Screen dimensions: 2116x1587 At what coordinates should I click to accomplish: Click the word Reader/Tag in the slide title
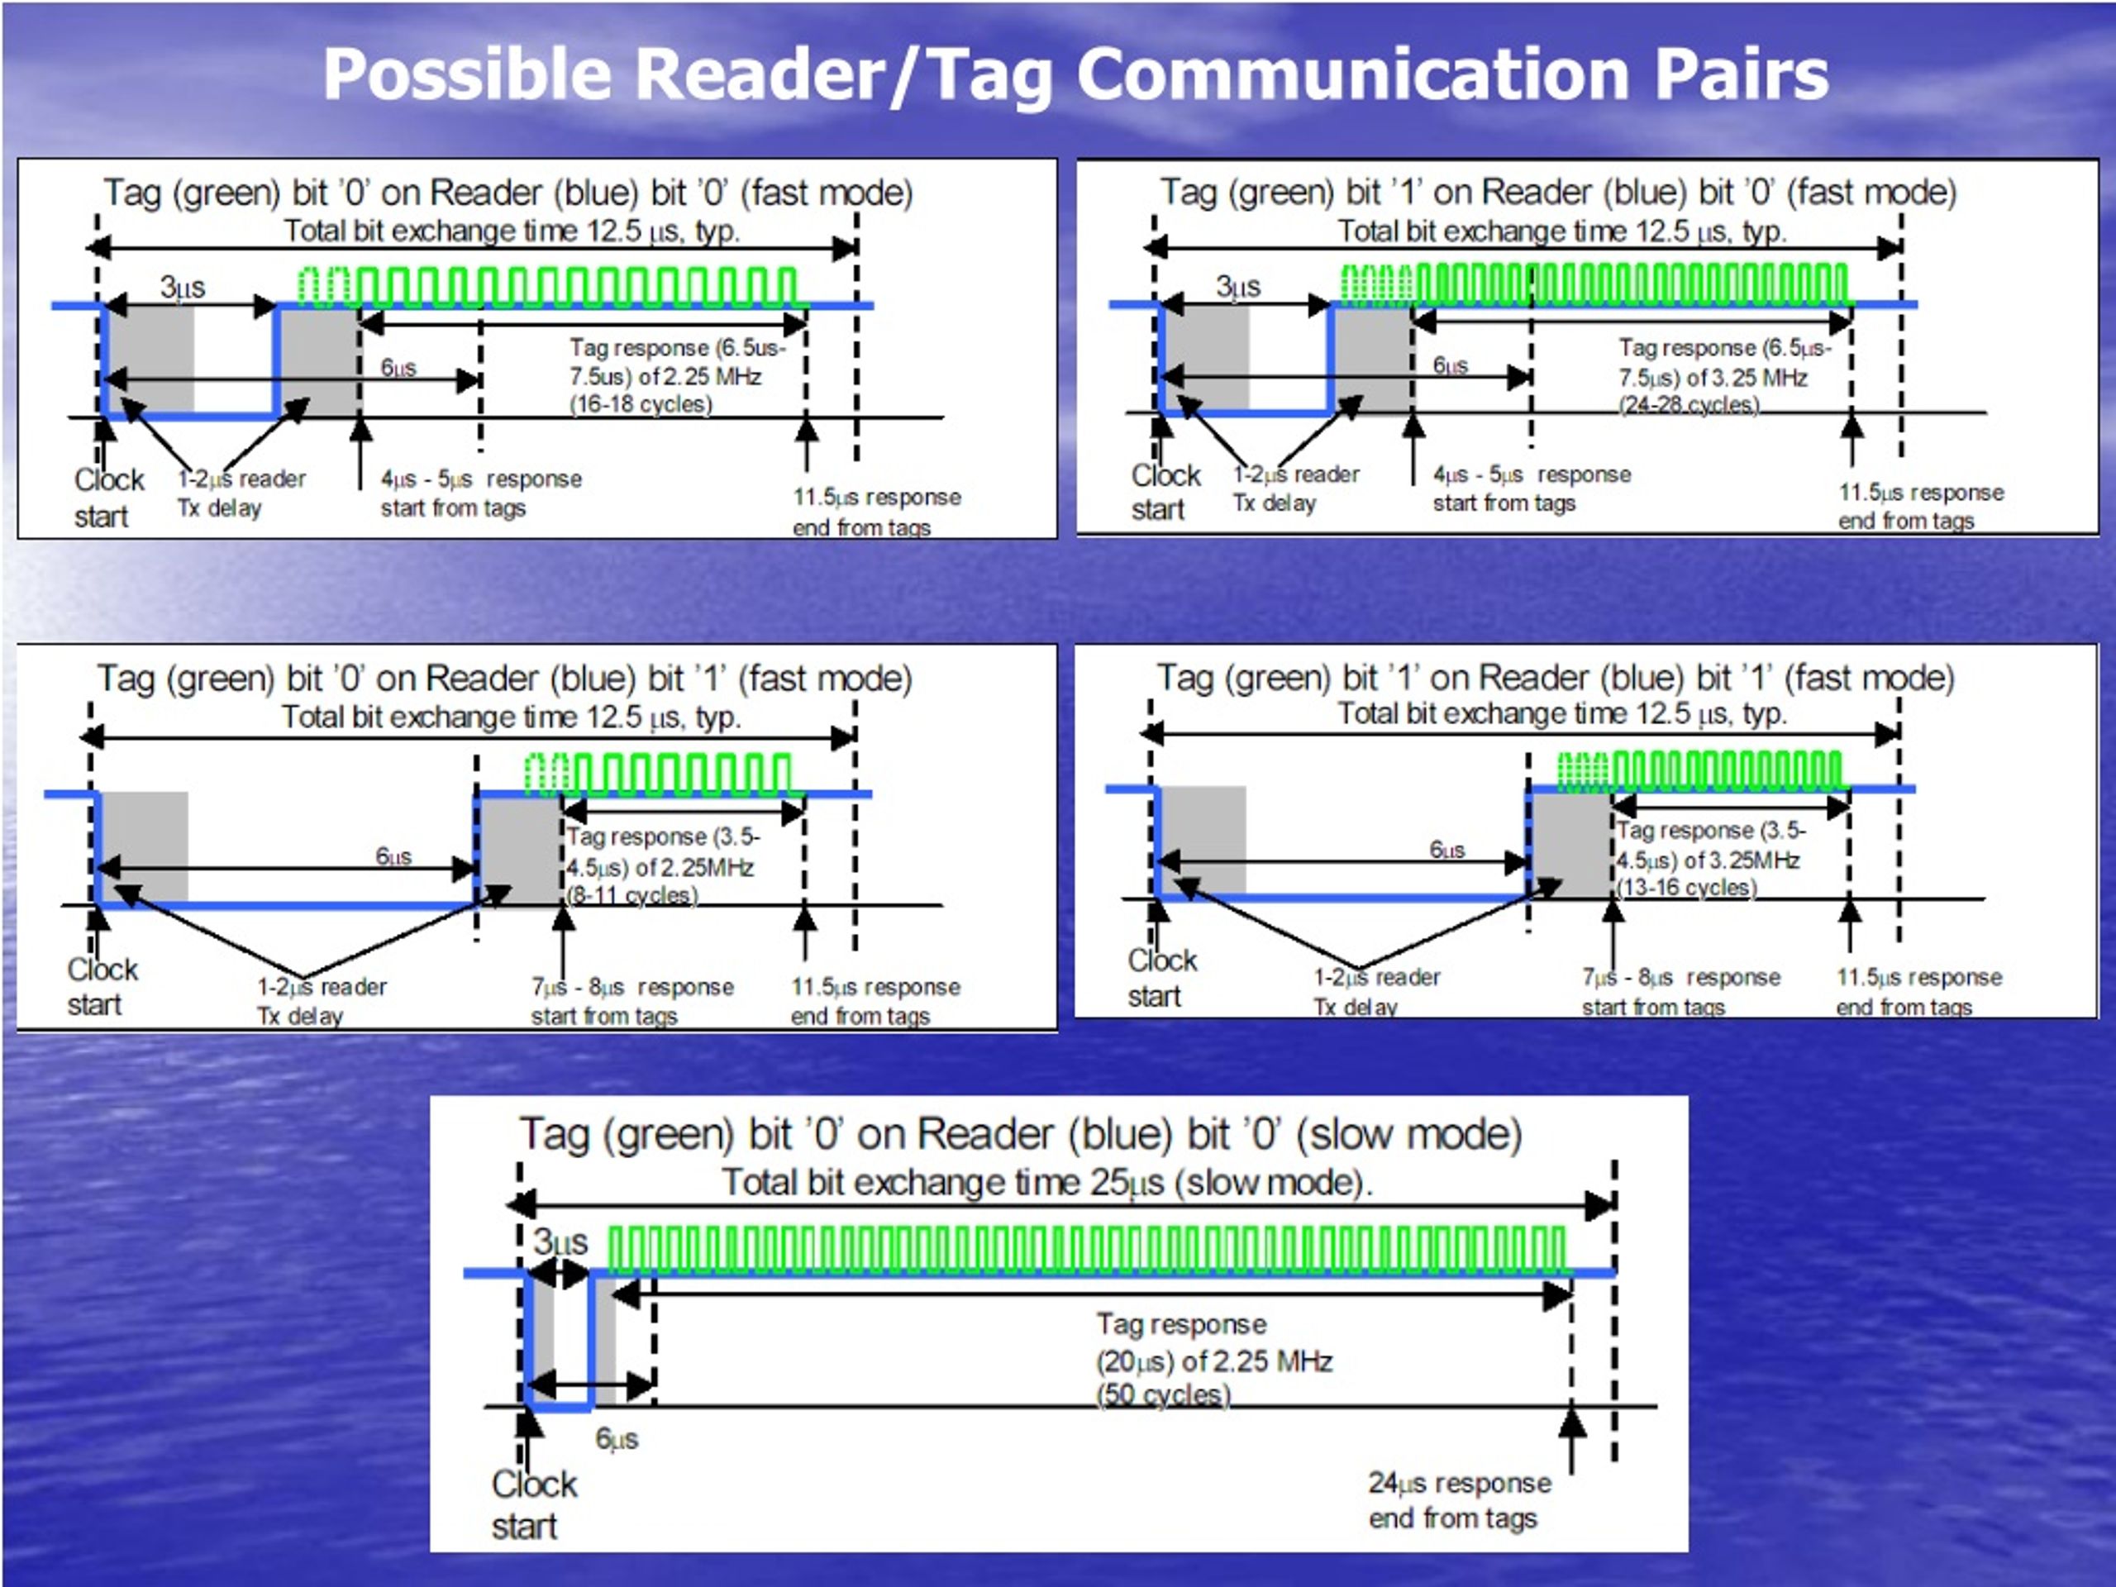click(845, 74)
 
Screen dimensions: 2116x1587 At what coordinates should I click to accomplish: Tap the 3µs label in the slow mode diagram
click(560, 1241)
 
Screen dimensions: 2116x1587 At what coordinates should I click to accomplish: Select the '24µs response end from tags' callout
click(1460, 1500)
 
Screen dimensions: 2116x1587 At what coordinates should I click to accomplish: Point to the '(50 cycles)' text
click(1163, 1394)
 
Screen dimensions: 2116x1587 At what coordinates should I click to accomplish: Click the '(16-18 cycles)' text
click(641, 405)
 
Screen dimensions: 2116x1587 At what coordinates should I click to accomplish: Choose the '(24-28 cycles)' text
click(1689, 406)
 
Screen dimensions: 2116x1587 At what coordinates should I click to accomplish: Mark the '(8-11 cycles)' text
click(631, 895)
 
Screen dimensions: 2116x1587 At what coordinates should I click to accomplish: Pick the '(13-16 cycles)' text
click(1686, 888)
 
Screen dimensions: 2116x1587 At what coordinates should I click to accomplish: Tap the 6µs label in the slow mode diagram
click(617, 1439)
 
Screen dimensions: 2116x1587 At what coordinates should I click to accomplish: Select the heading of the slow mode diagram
click(1020, 1135)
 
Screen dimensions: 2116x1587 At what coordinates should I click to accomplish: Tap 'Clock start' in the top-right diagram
click(1165, 492)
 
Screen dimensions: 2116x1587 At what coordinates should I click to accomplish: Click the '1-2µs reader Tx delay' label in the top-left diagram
click(241, 493)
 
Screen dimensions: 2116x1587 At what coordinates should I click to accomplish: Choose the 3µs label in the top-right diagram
click(1238, 286)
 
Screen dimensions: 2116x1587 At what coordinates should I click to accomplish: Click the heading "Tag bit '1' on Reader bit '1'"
click(1556, 679)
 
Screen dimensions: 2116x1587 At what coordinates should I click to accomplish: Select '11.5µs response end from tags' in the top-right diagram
click(1921, 506)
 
